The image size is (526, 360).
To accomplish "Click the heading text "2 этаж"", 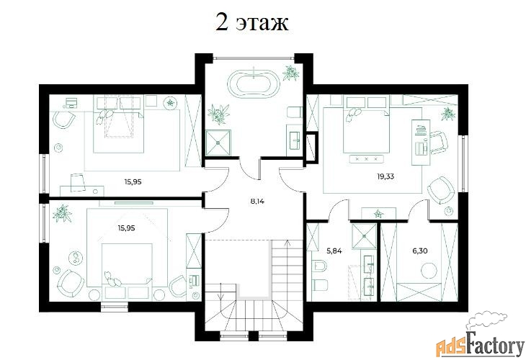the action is pyautogui.click(x=251, y=23).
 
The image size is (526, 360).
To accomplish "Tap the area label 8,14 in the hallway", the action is pyautogui.click(x=257, y=202).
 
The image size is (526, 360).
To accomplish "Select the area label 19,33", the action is pyautogui.click(x=385, y=176).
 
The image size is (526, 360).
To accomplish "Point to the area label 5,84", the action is pyautogui.click(x=334, y=251).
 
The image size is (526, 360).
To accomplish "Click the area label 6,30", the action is pyautogui.click(x=419, y=251).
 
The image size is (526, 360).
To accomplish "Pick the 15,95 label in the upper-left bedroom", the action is pyautogui.click(x=133, y=182).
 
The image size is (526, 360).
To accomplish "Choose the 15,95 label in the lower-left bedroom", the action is pyautogui.click(x=126, y=228).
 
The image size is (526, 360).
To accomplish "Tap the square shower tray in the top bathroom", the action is pyautogui.click(x=218, y=143).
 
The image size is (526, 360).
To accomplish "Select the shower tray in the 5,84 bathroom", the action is pyautogui.click(x=364, y=236).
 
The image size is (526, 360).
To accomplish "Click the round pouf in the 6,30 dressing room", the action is pyautogui.click(x=429, y=270).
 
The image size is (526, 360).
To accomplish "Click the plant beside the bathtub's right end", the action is pyautogui.click(x=290, y=73).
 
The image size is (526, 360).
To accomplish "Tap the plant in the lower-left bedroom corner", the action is pyautogui.click(x=63, y=213).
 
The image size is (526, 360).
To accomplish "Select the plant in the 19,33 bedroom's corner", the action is pyautogui.click(x=448, y=114).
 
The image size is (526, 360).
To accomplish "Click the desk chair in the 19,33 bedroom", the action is pyautogui.click(x=438, y=143).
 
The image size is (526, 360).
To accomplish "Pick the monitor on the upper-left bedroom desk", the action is pyautogui.click(x=71, y=102).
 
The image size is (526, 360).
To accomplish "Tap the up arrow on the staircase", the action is pyautogui.click(x=287, y=243).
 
